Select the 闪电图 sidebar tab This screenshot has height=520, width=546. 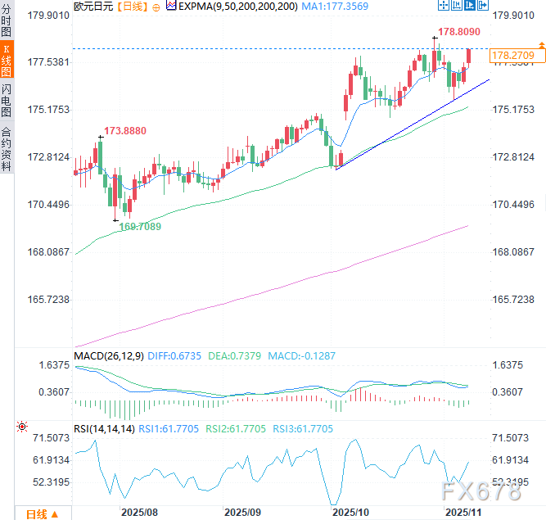(x=7, y=100)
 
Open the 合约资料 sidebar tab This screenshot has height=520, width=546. (x=7, y=148)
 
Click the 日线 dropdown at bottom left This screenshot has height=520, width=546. (x=41, y=513)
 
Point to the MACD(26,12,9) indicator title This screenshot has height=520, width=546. (x=108, y=356)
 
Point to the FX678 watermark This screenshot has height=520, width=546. (x=479, y=491)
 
